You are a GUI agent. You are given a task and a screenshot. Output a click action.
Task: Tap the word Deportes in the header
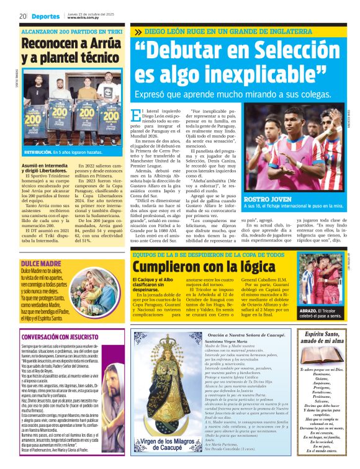tap(47, 17)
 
